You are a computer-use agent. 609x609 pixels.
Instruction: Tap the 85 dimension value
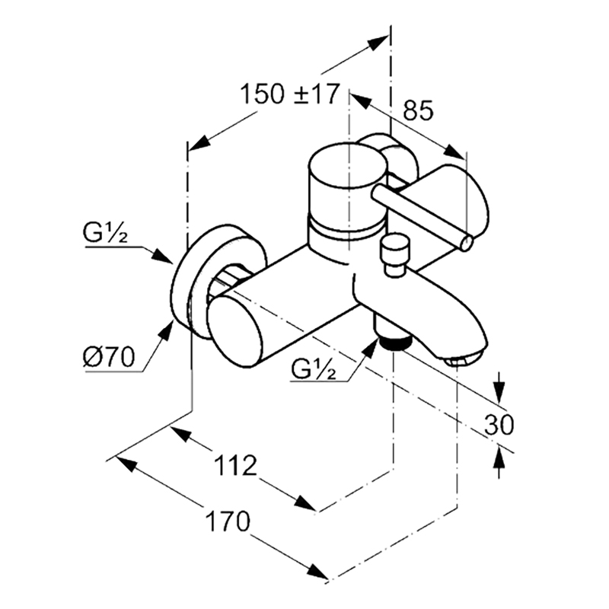click(x=418, y=110)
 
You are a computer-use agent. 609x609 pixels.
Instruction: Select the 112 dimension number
click(x=236, y=466)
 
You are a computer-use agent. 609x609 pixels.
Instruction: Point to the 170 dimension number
click(x=228, y=521)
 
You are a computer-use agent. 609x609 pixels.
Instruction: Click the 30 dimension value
click(x=499, y=425)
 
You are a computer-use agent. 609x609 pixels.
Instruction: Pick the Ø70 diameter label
click(x=109, y=356)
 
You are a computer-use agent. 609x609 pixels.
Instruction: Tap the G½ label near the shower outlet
click(x=313, y=370)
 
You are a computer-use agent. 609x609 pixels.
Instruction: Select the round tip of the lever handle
click(x=467, y=243)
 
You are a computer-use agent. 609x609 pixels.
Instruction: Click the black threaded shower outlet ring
click(x=396, y=343)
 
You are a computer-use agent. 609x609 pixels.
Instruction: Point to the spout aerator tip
click(x=464, y=359)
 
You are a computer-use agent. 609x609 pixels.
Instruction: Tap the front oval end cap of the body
click(x=234, y=330)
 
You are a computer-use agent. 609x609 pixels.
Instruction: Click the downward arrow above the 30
click(x=499, y=391)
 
